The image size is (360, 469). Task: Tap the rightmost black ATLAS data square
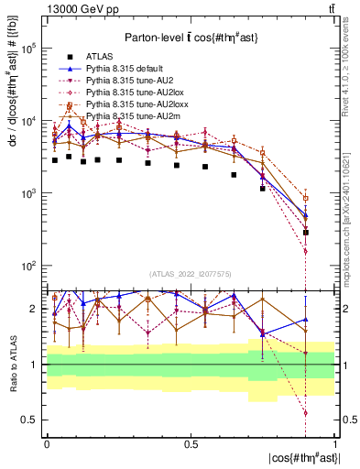[x=306, y=233]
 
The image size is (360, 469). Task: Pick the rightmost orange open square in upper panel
[x=306, y=198]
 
